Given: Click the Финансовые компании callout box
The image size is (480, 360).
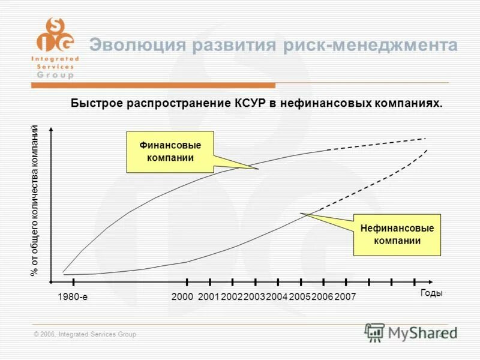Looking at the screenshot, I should (x=170, y=152).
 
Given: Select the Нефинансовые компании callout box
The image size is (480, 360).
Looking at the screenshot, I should (x=397, y=235).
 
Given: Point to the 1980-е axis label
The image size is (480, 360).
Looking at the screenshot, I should (x=73, y=296).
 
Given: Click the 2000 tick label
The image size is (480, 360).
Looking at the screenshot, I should (x=182, y=296).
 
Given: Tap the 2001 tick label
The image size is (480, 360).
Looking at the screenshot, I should (x=208, y=296).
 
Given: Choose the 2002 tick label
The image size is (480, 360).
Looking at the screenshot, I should (x=231, y=296).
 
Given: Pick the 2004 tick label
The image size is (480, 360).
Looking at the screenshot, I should (x=277, y=296).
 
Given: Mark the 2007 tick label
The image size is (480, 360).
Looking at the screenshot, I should (x=345, y=296).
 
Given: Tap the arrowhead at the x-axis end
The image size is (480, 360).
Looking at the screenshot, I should (x=433, y=281).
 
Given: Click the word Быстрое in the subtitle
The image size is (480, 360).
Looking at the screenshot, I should (x=97, y=103).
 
